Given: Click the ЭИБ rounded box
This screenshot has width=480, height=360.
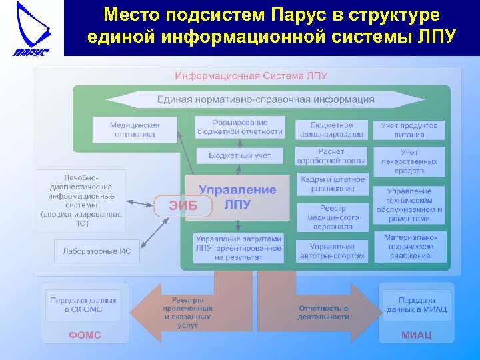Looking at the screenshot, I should click(183, 205).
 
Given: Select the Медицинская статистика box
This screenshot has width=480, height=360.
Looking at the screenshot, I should click(135, 129).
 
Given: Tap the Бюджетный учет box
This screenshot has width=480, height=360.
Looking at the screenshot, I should click(240, 156).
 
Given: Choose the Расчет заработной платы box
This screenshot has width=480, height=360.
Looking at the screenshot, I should click(331, 156).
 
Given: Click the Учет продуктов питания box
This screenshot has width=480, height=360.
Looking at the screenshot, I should click(409, 129).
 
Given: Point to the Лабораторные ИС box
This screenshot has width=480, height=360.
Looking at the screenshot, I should click(97, 251).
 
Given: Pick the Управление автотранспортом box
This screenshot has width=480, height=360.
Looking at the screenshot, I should click(332, 251).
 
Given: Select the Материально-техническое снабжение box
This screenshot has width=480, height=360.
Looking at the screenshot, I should click(409, 247).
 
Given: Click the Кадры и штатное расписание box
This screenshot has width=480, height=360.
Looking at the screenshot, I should click(332, 184).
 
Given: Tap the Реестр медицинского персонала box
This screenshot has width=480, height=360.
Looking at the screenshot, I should click(332, 217).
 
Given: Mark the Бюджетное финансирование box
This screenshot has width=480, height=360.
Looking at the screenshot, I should click(331, 129).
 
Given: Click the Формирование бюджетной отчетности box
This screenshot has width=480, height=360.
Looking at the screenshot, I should click(240, 127).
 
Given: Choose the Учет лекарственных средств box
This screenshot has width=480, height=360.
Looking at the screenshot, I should click(409, 161).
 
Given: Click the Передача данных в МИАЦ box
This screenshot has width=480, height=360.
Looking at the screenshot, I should click(417, 305).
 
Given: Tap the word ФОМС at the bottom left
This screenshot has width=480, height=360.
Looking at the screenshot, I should click(84, 335).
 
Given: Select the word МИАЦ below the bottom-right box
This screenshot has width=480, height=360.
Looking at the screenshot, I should click(417, 335).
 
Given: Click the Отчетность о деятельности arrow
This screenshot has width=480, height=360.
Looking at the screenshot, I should click(323, 312).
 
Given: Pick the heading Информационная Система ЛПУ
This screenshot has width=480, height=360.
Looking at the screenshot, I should click(251, 76).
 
